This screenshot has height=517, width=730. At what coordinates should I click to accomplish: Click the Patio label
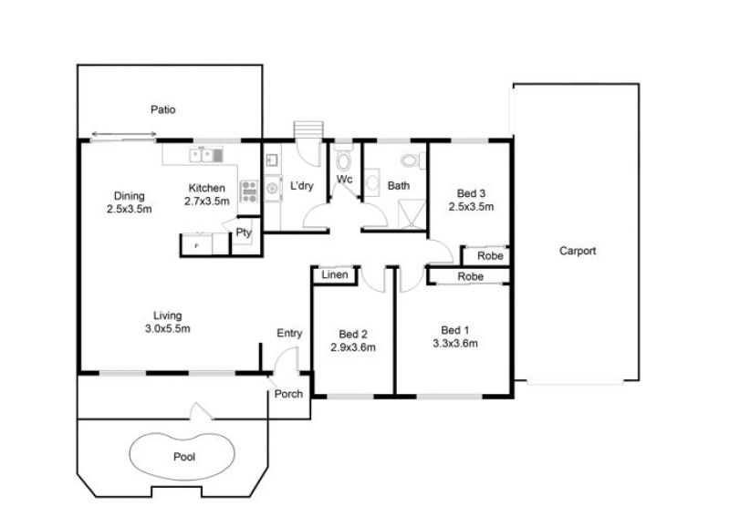(163, 109)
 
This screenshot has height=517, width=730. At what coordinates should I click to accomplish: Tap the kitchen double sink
(206, 155)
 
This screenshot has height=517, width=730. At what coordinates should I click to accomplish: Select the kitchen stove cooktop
(249, 191)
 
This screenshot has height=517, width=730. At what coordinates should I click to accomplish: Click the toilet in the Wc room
(344, 160)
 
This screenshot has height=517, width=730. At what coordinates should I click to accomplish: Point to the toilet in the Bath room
(412, 161)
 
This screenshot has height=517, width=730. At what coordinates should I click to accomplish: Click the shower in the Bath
(412, 214)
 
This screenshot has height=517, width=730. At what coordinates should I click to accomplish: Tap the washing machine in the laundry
(273, 189)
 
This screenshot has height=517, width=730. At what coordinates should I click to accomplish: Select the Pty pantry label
(244, 233)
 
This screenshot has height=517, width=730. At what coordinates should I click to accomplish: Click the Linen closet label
(335, 275)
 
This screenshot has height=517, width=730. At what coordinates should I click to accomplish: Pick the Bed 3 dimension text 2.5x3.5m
(471, 207)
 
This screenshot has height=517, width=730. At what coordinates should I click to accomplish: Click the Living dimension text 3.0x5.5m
(168, 328)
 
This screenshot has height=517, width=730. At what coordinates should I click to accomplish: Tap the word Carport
(578, 252)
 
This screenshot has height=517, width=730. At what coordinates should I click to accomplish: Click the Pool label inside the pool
(184, 457)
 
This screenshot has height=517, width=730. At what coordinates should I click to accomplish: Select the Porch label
(288, 394)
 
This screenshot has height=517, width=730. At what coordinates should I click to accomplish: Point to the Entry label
(289, 333)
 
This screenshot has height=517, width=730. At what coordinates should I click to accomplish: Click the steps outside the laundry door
(308, 129)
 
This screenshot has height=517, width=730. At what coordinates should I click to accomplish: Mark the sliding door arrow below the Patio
(124, 134)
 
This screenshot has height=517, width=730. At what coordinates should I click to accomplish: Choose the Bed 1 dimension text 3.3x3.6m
(455, 344)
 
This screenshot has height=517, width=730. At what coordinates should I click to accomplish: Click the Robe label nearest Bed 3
(490, 256)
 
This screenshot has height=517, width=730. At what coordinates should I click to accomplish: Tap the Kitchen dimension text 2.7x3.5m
(207, 202)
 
